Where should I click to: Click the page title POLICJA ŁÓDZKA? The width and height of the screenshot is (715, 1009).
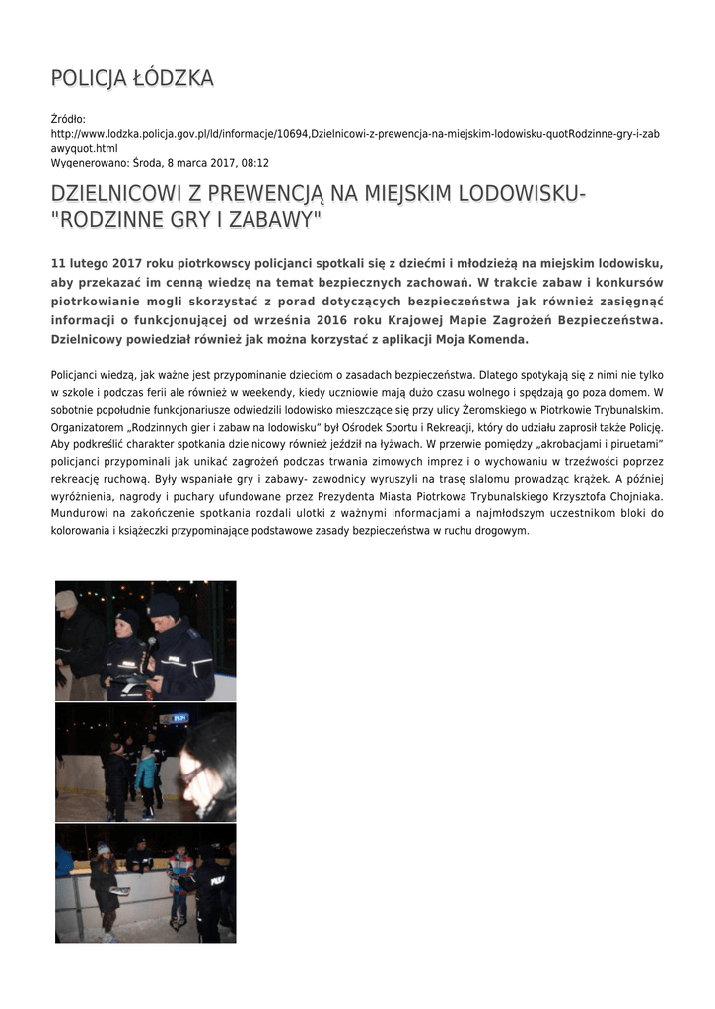tap(132, 78)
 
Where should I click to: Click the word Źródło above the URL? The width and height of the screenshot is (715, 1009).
tap(68, 119)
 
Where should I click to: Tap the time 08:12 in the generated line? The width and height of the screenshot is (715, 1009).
tap(255, 162)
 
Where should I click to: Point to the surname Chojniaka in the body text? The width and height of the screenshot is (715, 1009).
tap(627, 496)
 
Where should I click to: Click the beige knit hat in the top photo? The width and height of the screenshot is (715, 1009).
tap(66, 599)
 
